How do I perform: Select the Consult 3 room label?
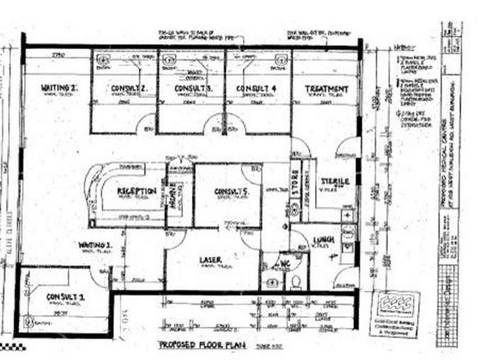pyautogui.click(x=190, y=89)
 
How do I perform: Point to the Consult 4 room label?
pyautogui.click(x=256, y=89)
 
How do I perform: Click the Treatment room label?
pyautogui.click(x=326, y=89)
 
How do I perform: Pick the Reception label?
pyautogui.click(x=136, y=191)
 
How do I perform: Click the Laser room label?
pyautogui.click(x=211, y=260)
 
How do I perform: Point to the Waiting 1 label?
pyautogui.click(x=94, y=245)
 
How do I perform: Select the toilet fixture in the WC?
pyautogui.click(x=295, y=281)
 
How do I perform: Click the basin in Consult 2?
pyautogui.click(x=102, y=59)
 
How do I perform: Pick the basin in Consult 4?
pyautogui.click(x=280, y=59)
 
